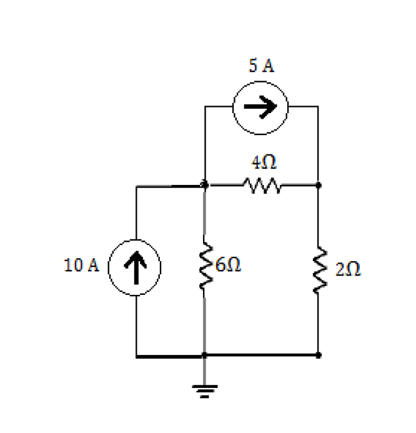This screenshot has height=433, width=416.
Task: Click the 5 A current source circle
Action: [260, 107]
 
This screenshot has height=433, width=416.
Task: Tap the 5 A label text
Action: [260, 67]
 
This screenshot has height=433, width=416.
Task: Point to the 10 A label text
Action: [81, 265]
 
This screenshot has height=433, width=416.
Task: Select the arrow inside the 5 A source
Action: [260, 107]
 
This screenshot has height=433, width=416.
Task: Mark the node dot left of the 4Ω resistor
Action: [204, 185]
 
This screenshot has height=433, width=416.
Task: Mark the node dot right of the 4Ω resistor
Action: [319, 185]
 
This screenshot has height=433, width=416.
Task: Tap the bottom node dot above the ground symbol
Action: [204, 356]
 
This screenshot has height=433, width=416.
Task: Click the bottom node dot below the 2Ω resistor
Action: [319, 356]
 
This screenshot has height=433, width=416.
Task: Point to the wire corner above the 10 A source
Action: [136, 186]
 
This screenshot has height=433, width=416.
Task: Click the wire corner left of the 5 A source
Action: [205, 107]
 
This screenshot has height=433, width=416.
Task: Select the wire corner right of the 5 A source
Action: [319, 107]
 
